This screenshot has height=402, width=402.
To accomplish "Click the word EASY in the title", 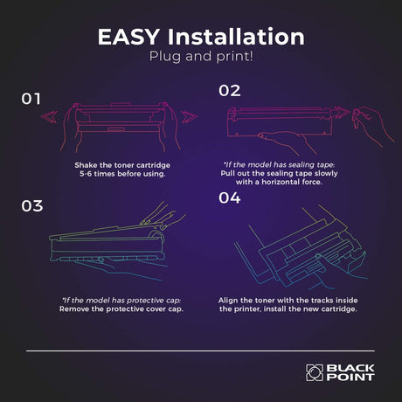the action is point(128,37).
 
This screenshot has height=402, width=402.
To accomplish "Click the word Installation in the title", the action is point(236,37).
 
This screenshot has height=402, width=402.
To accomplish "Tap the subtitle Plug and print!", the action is point(201,56).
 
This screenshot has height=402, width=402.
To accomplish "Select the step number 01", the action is point(31,99).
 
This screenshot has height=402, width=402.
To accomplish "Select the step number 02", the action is point(230,91).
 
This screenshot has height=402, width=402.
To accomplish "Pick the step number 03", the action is point(32,206).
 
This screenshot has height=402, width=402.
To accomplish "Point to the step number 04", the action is point(230,198).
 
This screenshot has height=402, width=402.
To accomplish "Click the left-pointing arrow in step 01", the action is point(49,117).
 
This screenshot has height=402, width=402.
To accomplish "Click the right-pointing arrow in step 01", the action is point(190,117).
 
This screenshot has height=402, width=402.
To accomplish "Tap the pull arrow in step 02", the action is point(342,113).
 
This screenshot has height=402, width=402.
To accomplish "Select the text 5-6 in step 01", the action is point(86,174).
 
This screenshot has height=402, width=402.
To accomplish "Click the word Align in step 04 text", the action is point(228,301).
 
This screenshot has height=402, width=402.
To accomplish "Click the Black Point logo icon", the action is point(315,372).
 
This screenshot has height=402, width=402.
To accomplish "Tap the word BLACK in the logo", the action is point(350,368).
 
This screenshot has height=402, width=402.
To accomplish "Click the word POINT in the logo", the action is point(350,378).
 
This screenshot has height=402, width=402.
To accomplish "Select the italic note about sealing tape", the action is point(279,165).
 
